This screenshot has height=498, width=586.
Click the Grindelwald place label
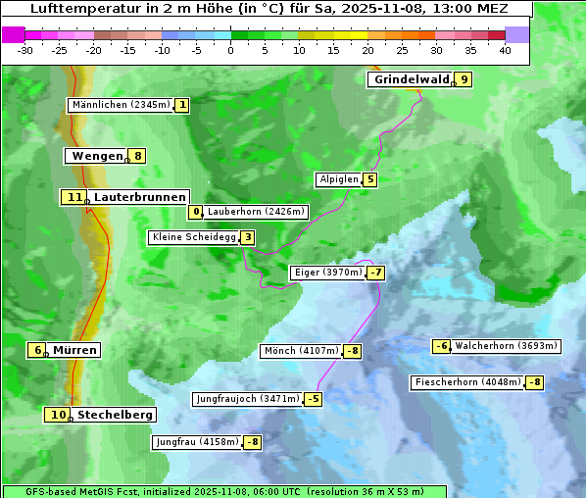tap(411, 79)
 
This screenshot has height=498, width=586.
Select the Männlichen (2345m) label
tap(122, 105)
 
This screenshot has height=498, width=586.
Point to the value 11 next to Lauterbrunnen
tap(74, 197)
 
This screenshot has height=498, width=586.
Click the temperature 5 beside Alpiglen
tap(369, 179)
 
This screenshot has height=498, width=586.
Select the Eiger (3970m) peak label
tap(328, 273)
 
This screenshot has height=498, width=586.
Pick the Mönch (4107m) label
tap(301, 351)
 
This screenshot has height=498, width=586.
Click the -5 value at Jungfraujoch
tap(313, 399)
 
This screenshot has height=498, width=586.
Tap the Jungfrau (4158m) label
tap(197, 442)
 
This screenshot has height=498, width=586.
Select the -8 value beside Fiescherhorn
tap(534, 382)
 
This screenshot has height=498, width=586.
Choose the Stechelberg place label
tap(115, 415)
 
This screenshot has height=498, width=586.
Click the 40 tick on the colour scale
tap(505, 50)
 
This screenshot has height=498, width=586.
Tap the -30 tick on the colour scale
tap(25, 50)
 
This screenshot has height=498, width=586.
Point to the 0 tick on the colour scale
tap(230, 50)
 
